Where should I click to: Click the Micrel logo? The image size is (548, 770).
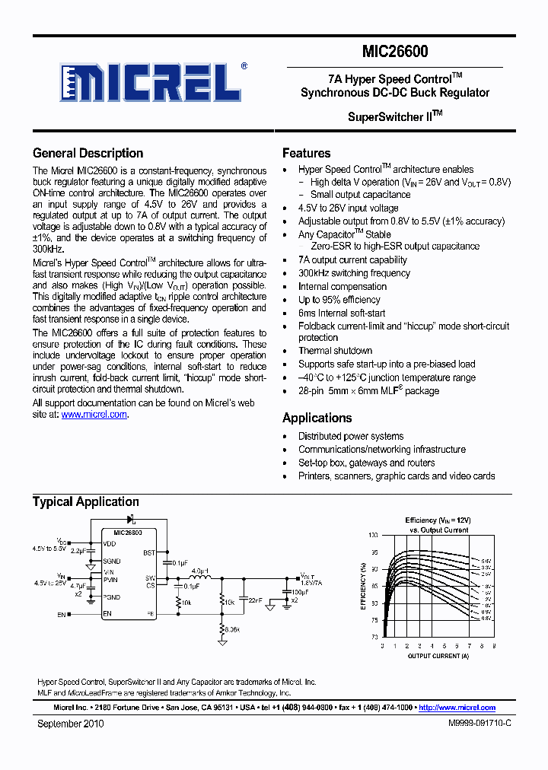point(153,81)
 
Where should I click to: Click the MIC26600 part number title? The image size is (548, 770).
point(395,52)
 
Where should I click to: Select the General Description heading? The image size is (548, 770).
point(88,153)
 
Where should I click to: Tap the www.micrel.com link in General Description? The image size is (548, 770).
point(94,415)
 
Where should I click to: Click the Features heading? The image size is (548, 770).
point(306,153)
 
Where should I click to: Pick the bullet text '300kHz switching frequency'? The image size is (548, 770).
point(354,273)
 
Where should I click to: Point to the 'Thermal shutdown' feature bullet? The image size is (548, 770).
point(335,351)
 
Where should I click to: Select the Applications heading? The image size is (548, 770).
point(317,418)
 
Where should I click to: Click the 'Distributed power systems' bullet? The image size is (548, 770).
point(351,436)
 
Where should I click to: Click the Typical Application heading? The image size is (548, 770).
point(85,501)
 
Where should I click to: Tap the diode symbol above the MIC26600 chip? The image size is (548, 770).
point(130,520)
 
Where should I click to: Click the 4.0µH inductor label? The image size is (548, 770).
point(200,570)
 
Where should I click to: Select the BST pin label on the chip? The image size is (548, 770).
point(149,553)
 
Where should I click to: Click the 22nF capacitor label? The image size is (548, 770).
point(255,600)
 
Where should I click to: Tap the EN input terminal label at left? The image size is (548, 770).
point(62,614)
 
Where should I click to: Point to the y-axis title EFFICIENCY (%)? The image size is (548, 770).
point(364,587)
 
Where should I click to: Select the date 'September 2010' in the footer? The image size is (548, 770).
point(70,724)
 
